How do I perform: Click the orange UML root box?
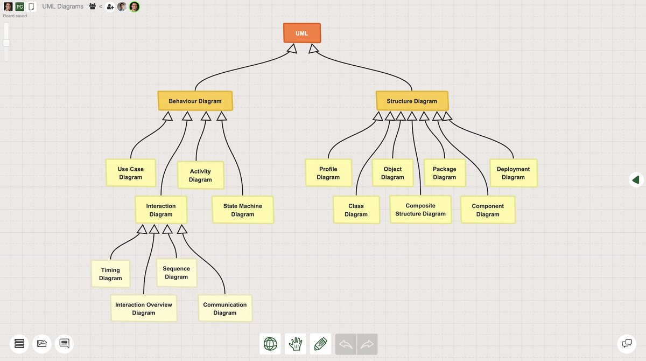tap(302, 33)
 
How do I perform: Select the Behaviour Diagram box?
tap(195, 101)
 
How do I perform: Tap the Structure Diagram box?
tap(412, 101)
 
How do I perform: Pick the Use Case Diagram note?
tap(131, 173)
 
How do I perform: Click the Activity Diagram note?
tap(200, 175)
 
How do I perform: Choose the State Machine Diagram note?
tap(243, 210)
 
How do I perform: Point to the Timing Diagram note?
tap(110, 274)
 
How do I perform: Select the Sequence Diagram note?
tap(176, 273)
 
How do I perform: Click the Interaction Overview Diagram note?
tap(144, 308)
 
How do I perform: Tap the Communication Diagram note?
tap(225, 308)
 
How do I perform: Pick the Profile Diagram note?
tap(328, 173)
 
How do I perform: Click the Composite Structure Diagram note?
tap(420, 210)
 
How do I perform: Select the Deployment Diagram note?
tap(513, 173)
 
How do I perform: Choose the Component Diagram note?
tap(488, 210)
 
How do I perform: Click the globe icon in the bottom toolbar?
tap(270, 344)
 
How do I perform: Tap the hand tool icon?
tap(296, 344)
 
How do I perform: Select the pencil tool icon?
tap(321, 344)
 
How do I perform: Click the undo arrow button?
tap(346, 344)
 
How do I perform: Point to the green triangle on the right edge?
tap(636, 179)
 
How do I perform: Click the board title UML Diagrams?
tap(63, 6)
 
